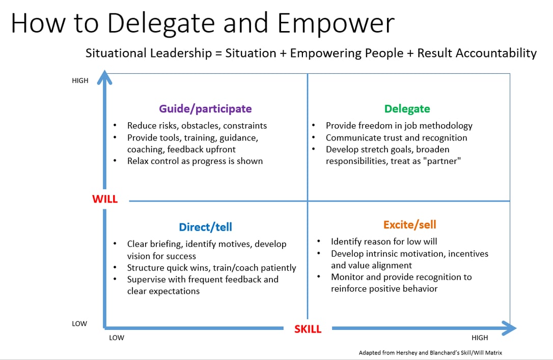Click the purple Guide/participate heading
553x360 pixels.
[x=205, y=108]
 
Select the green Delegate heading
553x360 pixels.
[x=407, y=108]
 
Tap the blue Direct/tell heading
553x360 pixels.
[x=205, y=227]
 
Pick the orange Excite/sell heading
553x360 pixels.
[x=410, y=225]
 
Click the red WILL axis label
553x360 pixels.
[x=105, y=199]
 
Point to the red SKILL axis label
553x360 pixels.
[x=308, y=329]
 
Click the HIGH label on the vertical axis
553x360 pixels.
[x=80, y=80]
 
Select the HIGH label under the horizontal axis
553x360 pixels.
[x=479, y=338]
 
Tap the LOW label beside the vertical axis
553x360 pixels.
[x=79, y=323]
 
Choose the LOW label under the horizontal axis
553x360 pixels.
[x=117, y=338]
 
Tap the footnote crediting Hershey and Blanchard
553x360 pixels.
[x=430, y=352]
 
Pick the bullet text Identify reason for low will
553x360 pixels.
[x=384, y=241]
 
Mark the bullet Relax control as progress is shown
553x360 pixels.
[x=195, y=161]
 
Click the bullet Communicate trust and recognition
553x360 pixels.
[x=396, y=137]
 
